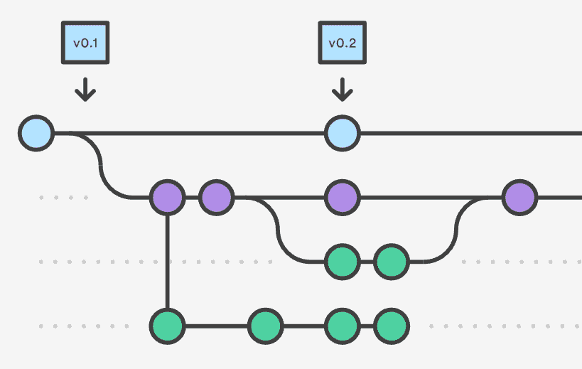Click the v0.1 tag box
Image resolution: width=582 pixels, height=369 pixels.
click(85, 43)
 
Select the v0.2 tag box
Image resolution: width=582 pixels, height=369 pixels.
click(342, 43)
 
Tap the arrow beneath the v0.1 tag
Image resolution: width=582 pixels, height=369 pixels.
click(85, 89)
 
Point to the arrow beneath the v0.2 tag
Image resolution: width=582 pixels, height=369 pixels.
click(343, 89)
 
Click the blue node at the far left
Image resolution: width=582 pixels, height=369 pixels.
click(36, 133)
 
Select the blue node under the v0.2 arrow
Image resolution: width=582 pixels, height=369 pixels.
click(343, 133)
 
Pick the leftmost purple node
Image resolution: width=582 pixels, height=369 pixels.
click(168, 197)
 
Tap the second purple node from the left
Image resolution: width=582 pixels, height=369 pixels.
click(217, 197)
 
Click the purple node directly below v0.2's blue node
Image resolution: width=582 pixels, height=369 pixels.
click(343, 197)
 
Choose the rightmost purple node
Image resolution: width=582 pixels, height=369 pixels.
click(520, 197)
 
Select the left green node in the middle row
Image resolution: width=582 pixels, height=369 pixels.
click(343, 262)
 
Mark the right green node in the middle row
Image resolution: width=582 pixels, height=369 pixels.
click(391, 262)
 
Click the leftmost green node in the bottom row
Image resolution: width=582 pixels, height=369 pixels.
click(168, 326)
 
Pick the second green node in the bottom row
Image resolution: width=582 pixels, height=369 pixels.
click(266, 326)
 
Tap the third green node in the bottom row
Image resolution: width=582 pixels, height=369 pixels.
click(343, 326)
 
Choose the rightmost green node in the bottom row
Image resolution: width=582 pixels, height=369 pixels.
click(391, 326)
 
